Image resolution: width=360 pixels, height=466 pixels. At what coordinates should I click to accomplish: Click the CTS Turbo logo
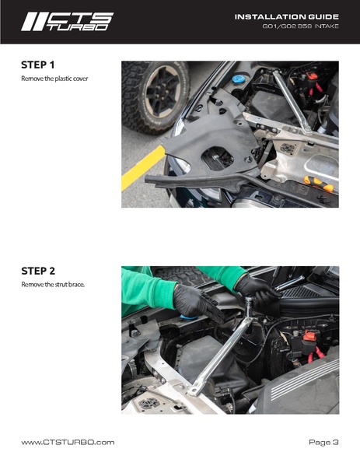[67, 22]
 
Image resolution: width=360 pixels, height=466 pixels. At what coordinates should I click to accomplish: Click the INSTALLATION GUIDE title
[287, 17]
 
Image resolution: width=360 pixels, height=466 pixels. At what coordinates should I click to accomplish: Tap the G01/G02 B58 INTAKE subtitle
[300, 26]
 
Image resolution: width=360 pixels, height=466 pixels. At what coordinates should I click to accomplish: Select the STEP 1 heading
[38, 65]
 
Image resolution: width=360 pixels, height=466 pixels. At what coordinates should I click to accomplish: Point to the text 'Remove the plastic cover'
[54, 79]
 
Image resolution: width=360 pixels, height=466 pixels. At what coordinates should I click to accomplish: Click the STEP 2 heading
[38, 271]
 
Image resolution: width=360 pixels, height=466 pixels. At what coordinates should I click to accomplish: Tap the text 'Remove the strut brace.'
[53, 285]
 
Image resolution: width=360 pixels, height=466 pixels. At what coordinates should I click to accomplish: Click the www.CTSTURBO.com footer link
[68, 442]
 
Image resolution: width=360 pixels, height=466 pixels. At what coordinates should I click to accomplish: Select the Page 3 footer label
[323, 442]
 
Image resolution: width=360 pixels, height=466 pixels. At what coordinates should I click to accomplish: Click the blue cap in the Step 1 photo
[238, 79]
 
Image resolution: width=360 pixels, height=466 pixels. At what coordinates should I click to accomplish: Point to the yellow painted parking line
[143, 167]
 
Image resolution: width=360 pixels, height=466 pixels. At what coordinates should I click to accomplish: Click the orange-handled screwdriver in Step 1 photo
[319, 184]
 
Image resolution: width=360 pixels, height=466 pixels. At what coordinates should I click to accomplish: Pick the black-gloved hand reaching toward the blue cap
[197, 303]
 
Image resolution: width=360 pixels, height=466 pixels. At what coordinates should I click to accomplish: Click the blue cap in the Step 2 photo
[189, 317]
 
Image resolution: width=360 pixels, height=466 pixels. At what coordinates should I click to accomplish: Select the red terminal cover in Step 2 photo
[309, 335]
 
